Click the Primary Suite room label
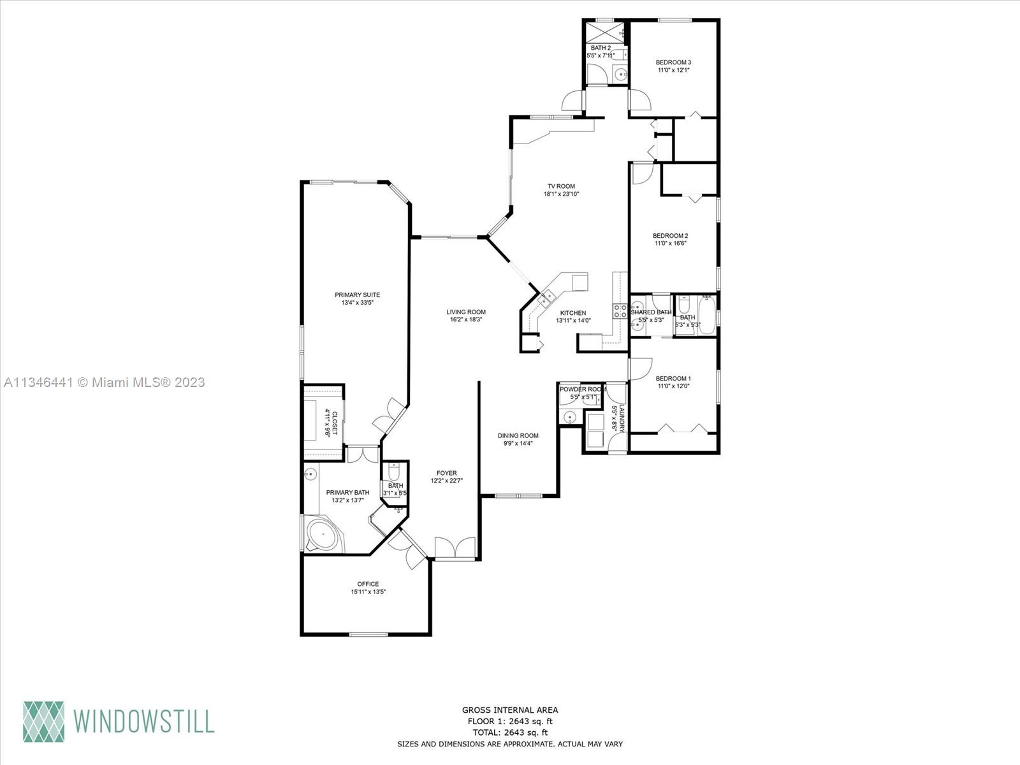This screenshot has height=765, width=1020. pos(357,295)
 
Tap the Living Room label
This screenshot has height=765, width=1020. pos(466,312)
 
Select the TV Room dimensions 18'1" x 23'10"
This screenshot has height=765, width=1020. pos(561,194)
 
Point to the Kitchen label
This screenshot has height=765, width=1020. pos(573,313)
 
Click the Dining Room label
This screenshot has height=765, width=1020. pos(518,436)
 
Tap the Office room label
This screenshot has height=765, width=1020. pos(368,584)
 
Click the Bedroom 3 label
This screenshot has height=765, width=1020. pos(673,62)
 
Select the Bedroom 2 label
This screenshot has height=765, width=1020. pos(670,235)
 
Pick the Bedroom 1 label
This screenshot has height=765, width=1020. pos(673,378)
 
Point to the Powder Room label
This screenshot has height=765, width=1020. pos(582,390)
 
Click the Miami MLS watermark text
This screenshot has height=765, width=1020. pos(105,382)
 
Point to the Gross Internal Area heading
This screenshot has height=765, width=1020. pos(510,710)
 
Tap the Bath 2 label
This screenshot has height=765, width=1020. pos(601,48)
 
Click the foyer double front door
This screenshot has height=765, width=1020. pos(455,549)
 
